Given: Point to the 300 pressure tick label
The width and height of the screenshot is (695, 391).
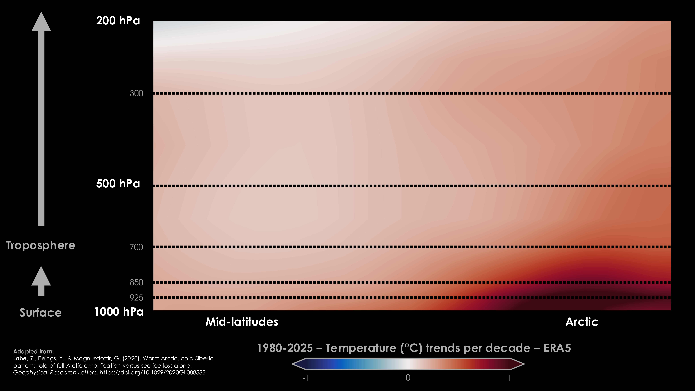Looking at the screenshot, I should tap(136, 93).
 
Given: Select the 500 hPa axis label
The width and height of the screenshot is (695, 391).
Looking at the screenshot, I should tap(118, 184).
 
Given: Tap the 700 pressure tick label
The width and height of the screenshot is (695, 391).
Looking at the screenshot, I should tap(136, 247).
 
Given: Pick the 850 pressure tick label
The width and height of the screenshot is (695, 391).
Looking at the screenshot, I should tap(136, 283).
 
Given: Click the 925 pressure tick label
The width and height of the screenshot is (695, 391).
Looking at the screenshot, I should tap(136, 298).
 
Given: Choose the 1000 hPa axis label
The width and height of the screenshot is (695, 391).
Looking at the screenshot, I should tap(119, 312).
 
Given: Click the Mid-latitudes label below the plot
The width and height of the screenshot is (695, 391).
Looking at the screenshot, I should tap(242, 322).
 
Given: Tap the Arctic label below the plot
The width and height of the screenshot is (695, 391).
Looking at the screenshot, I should tap(582, 322).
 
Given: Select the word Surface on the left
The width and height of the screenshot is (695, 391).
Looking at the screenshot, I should tap(40, 313).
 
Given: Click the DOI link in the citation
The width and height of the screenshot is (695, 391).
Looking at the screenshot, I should tap(152, 373).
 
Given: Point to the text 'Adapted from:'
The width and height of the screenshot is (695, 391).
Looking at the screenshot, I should tap(33, 351).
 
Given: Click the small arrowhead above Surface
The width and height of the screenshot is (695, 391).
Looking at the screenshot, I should tap(41, 277).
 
